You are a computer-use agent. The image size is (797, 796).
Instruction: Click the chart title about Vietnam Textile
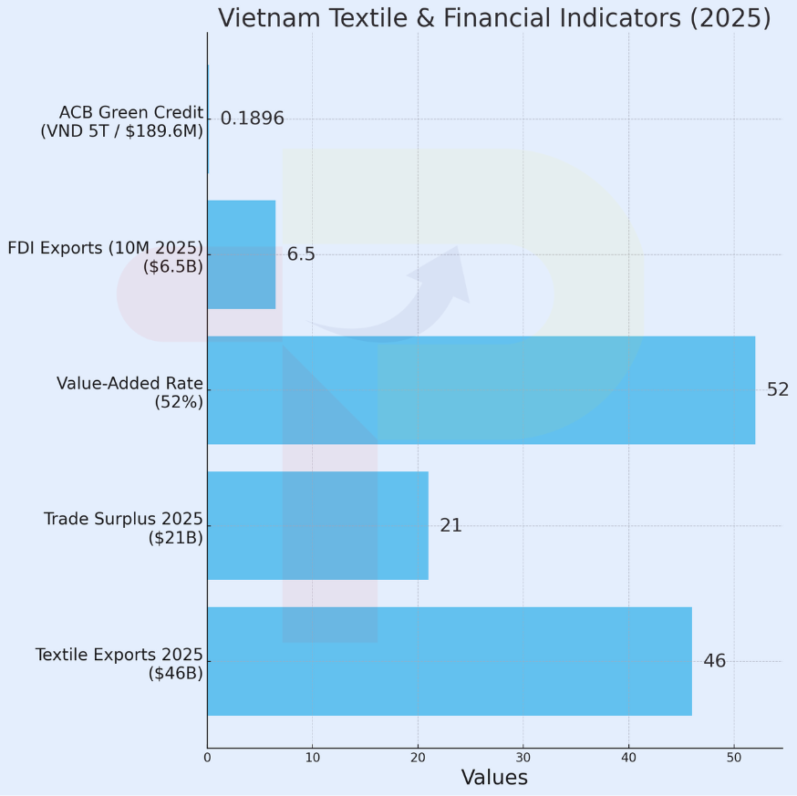(x=493, y=18)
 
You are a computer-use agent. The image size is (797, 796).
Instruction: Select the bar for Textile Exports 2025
(x=449, y=661)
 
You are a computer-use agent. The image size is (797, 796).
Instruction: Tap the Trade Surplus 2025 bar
(x=317, y=525)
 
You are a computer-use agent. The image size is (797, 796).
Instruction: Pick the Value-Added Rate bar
(x=481, y=390)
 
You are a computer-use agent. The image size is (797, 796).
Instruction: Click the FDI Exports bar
(x=241, y=254)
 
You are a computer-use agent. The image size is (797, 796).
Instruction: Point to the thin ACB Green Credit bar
(x=208, y=119)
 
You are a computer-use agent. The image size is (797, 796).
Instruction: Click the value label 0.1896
(x=252, y=119)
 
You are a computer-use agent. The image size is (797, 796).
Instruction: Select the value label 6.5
(x=301, y=254)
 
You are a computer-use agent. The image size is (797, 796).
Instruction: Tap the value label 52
(x=777, y=390)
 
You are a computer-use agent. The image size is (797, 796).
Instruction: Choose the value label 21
(x=450, y=526)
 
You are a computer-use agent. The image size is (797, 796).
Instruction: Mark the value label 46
(x=714, y=661)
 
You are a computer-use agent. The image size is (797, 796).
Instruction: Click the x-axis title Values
(x=494, y=778)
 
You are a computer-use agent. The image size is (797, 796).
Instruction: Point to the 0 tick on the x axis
(x=207, y=757)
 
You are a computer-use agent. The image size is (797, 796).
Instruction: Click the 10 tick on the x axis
(x=313, y=757)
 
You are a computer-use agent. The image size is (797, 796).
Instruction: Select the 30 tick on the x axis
(x=523, y=757)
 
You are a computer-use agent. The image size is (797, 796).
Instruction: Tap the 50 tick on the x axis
(x=733, y=757)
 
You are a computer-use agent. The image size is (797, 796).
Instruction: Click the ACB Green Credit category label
(x=121, y=121)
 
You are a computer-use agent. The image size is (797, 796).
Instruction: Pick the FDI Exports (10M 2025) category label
(x=105, y=256)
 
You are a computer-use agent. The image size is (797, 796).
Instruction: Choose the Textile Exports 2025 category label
(x=119, y=664)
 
